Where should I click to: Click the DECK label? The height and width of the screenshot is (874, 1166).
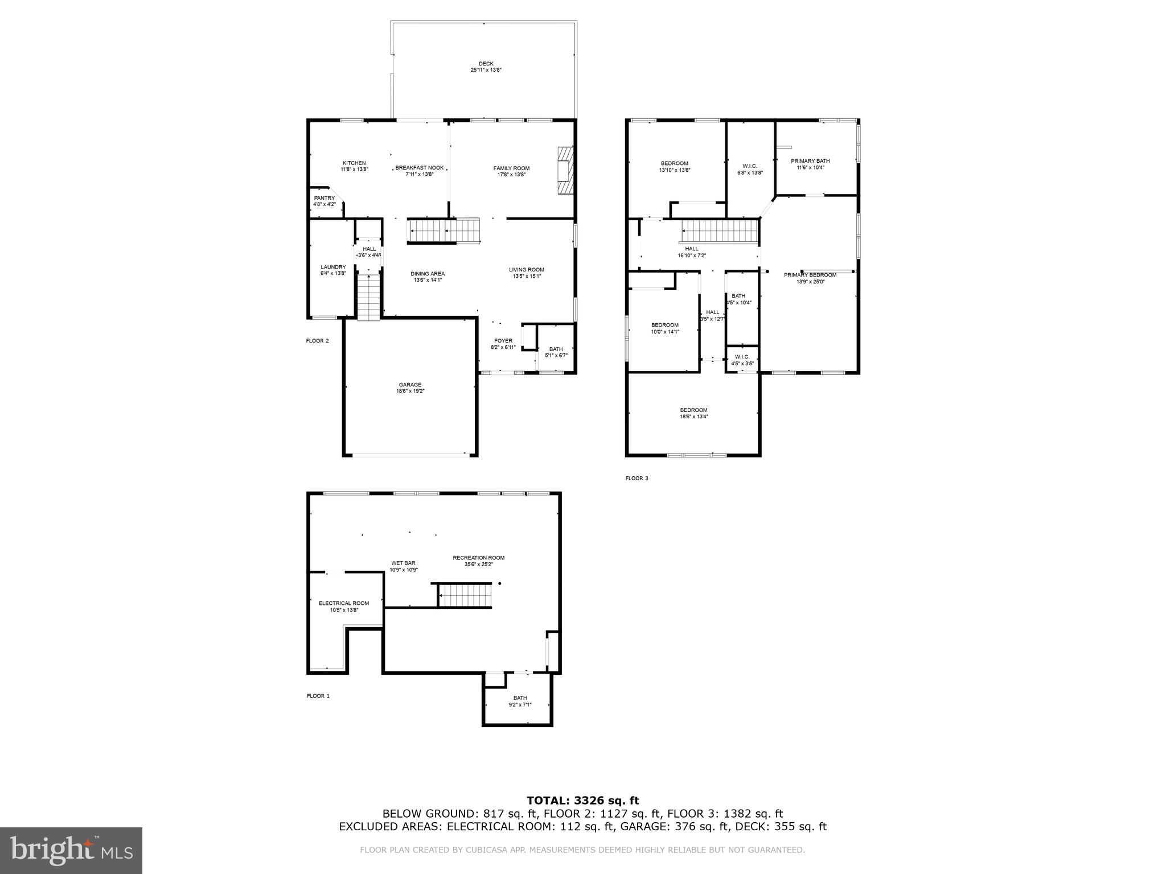click(486, 64)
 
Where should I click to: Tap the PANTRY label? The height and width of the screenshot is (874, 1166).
click(325, 198)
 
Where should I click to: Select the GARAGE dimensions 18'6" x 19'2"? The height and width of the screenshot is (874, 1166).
click(410, 391)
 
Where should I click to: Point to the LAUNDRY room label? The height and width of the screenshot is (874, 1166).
click(333, 267)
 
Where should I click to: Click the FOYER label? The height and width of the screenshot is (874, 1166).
click(503, 341)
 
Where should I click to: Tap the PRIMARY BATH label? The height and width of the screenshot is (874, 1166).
click(810, 161)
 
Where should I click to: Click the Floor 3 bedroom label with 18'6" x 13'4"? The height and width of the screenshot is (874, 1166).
click(693, 410)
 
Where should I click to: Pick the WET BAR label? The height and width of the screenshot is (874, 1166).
click(403, 563)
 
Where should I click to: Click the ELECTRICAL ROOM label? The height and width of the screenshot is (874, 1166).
click(344, 603)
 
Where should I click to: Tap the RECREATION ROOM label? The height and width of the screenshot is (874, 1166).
click(478, 558)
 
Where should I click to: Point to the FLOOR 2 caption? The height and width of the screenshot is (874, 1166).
click(317, 341)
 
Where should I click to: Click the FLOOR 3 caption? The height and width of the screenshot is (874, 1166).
click(637, 478)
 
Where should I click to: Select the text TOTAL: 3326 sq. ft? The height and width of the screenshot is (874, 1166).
click(582, 801)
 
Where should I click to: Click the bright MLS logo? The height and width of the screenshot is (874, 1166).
click(71, 850)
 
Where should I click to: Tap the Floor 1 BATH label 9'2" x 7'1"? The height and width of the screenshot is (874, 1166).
click(520, 698)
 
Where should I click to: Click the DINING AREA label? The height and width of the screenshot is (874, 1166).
click(428, 274)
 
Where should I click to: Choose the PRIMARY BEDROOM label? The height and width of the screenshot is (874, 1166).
click(810, 275)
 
